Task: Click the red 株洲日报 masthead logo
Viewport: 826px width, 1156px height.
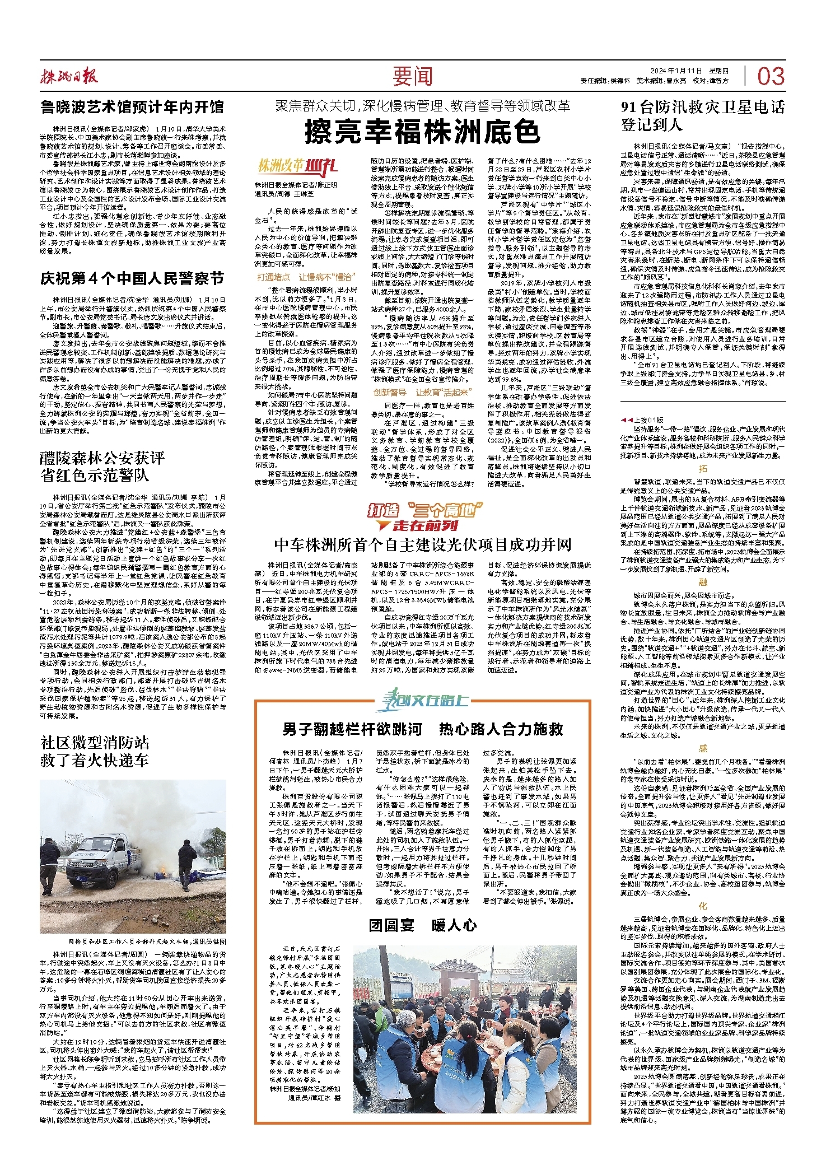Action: click(69, 76)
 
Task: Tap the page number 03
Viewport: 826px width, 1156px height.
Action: click(771, 76)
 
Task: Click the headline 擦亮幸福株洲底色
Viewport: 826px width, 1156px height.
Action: click(423, 132)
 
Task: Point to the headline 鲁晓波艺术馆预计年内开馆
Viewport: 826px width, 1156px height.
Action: click(132, 107)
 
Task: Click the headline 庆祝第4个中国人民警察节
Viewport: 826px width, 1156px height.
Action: click(132, 278)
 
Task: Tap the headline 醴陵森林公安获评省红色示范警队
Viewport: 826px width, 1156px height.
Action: click(102, 467)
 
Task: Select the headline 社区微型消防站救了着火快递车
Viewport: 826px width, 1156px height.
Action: click(95, 752)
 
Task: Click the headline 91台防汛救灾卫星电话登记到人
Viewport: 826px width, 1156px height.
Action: click(703, 116)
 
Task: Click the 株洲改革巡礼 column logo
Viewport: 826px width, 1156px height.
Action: click(297, 166)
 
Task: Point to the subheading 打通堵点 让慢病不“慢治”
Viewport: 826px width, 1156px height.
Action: click(306, 277)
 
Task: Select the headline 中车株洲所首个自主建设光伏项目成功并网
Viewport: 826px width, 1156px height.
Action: click(423, 545)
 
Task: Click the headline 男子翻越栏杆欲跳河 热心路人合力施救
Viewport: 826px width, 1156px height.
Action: click(423, 729)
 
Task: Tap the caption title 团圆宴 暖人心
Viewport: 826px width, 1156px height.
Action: click(423, 925)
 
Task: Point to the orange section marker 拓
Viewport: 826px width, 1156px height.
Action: click(703, 468)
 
